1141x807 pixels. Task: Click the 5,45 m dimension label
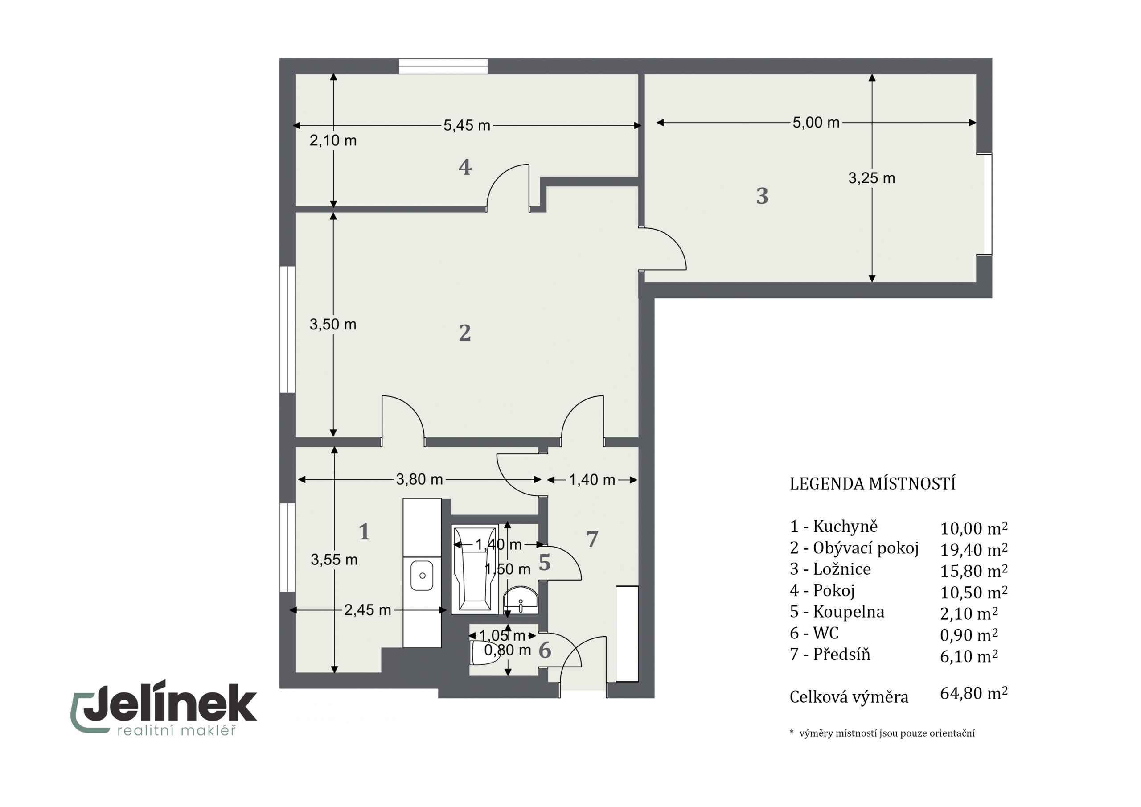pyautogui.click(x=467, y=125)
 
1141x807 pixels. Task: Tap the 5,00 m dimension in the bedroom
pyautogui.click(x=816, y=122)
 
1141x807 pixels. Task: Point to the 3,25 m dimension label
pyautogui.click(x=872, y=178)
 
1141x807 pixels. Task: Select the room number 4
pyautogui.click(x=465, y=167)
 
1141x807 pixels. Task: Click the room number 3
pyautogui.click(x=762, y=196)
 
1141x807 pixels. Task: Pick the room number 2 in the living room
pyautogui.click(x=465, y=333)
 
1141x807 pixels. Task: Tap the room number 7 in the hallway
pyautogui.click(x=592, y=539)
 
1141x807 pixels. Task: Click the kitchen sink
pyautogui.click(x=422, y=576)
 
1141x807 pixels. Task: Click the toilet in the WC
pyautogui.click(x=480, y=653)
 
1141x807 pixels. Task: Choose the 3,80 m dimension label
pyautogui.click(x=419, y=479)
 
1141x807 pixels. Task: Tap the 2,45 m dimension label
pyautogui.click(x=367, y=610)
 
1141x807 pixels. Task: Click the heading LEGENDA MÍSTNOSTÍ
pyautogui.click(x=873, y=484)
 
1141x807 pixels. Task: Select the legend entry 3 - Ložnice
pyautogui.click(x=830, y=569)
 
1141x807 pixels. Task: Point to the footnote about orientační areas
pyautogui.click(x=882, y=733)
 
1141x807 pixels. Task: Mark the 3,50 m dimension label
pyautogui.click(x=333, y=325)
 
